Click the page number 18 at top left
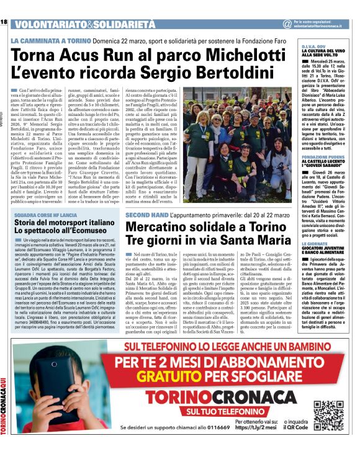tap(4, 23)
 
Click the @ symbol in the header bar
tap(286, 24)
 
